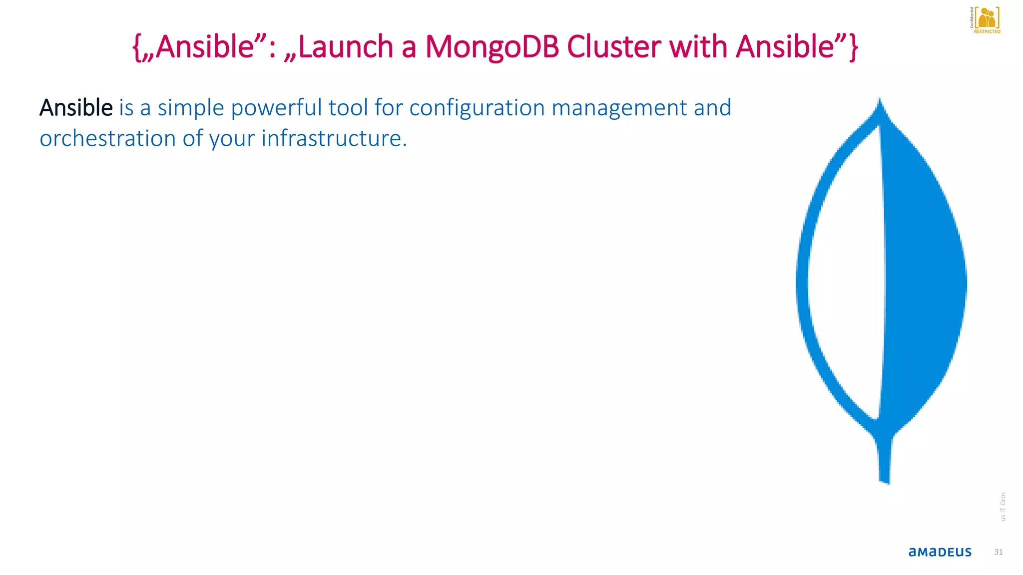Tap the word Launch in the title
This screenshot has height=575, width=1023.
pos(345,47)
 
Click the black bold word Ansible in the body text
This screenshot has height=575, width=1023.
pos(76,108)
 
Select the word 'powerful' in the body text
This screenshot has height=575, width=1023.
pos(276,108)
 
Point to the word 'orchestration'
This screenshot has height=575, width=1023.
pos(107,139)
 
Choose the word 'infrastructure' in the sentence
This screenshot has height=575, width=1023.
pos(334,139)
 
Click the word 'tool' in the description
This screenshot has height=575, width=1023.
pos(348,108)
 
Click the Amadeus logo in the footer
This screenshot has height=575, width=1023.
pos(940,552)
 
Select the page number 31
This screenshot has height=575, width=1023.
pos(998,552)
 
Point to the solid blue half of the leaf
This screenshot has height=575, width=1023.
pos(922,280)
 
